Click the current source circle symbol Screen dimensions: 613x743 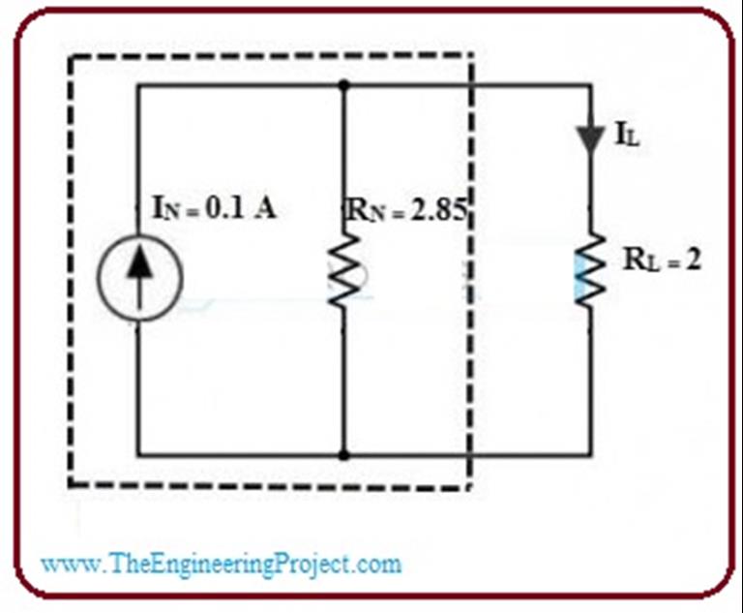(139, 278)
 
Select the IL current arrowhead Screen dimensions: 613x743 (589, 138)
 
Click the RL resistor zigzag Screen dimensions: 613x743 (589, 275)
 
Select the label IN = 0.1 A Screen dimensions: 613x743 (213, 209)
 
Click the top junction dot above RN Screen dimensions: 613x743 (343, 85)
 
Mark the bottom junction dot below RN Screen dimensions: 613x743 (343, 453)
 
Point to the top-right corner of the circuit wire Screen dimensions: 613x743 (589, 85)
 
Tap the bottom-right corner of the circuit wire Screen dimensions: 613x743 (589, 453)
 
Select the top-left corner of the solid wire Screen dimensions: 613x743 (138, 85)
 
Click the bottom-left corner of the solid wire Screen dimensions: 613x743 (138, 453)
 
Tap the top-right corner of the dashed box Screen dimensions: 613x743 (471, 56)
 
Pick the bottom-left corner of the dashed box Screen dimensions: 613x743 (70, 484)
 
